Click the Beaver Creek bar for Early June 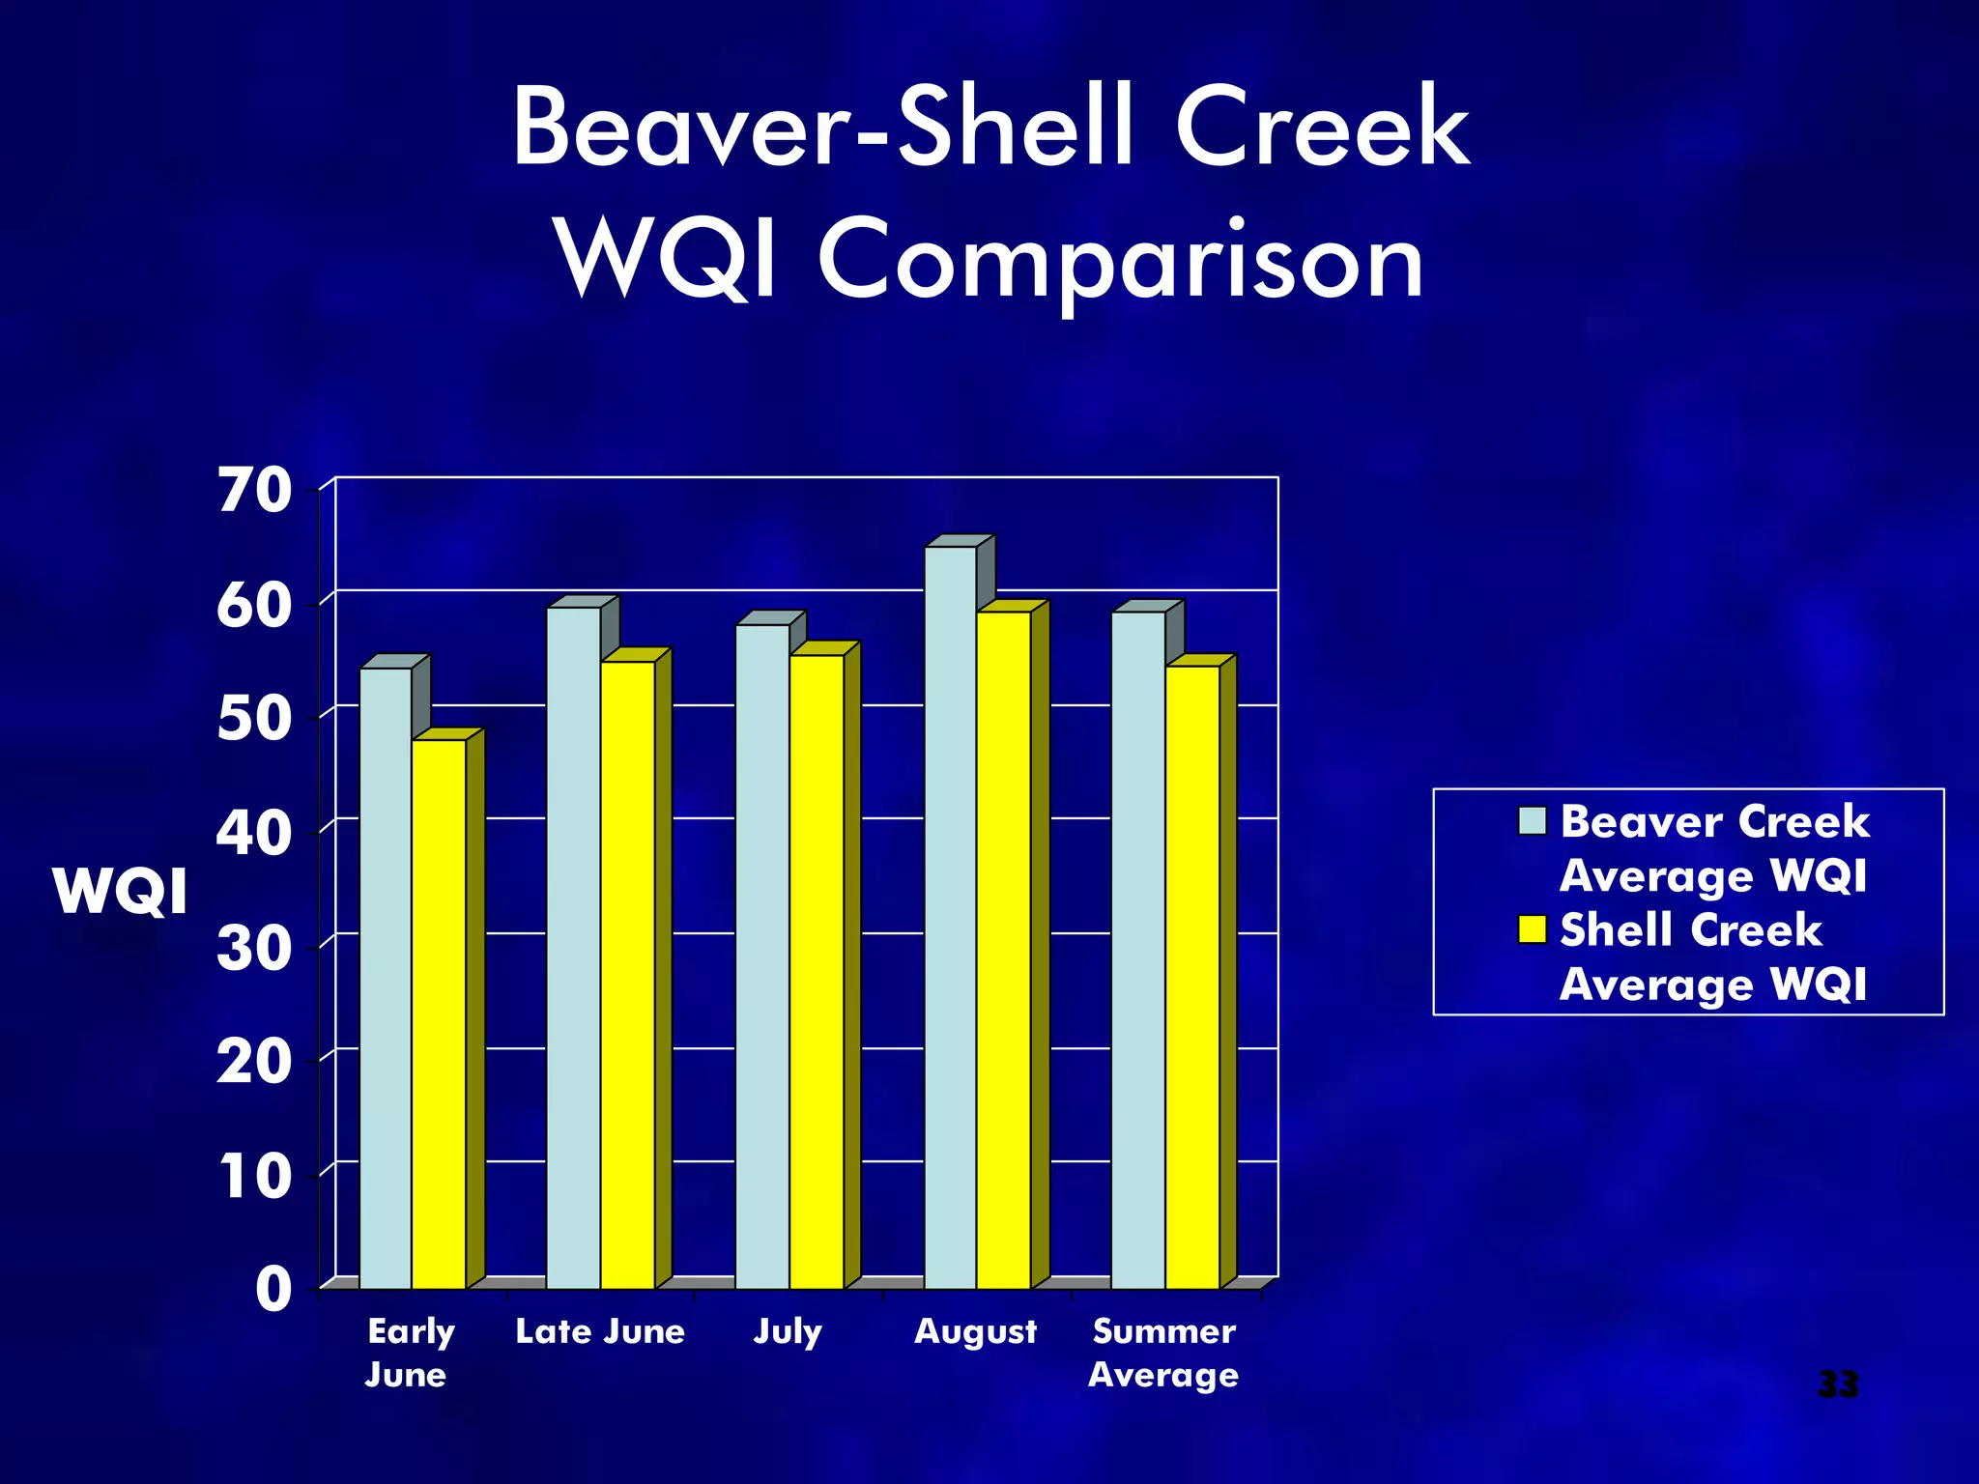386,976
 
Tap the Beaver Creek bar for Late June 573,947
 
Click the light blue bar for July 762,956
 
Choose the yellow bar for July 817,970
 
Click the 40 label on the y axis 254,833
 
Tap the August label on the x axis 975,1331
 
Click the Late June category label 600,1331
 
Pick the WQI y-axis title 121,891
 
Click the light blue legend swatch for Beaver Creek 1533,820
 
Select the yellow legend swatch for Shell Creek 1533,928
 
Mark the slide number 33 1838,1384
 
